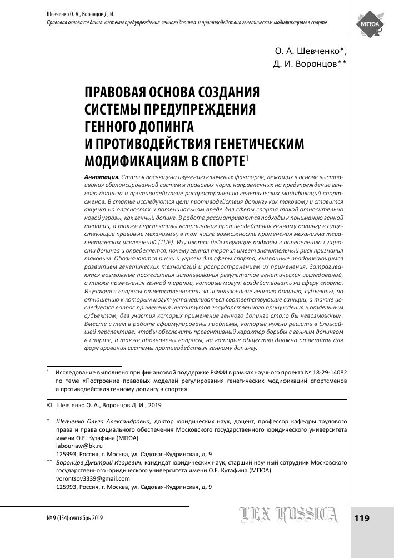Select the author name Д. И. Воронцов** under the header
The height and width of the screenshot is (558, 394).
click(x=310, y=63)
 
